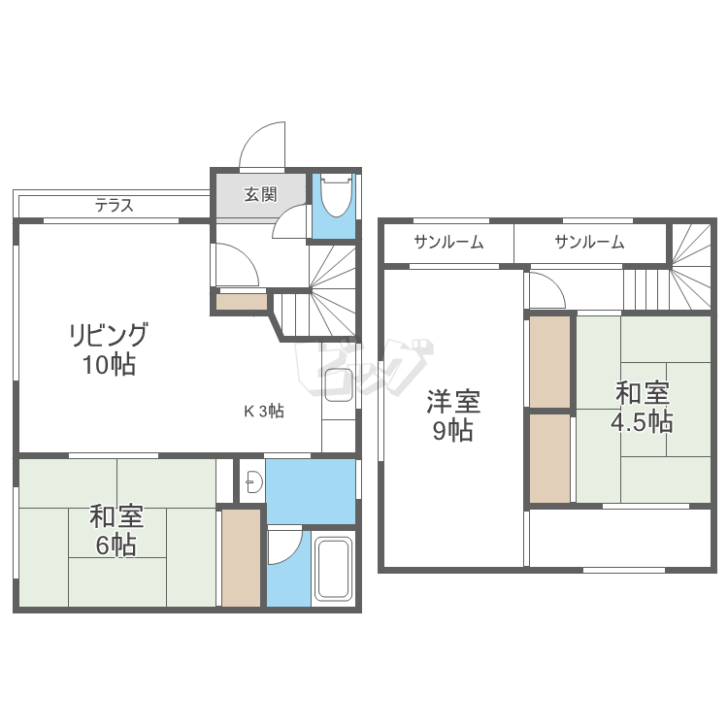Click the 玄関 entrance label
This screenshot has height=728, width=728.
click(259, 193)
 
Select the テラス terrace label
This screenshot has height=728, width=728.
click(114, 206)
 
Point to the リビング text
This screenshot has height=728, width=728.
click(109, 336)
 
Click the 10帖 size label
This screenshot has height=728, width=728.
click(109, 366)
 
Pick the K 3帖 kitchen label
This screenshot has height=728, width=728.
click(263, 411)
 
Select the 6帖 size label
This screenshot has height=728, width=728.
click(116, 545)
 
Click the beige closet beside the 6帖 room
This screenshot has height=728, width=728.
click(241, 557)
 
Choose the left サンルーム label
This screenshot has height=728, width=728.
click(448, 243)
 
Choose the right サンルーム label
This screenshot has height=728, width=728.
click(589, 243)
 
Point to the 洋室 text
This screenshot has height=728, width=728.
click(453, 400)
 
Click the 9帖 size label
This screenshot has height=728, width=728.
click(453, 430)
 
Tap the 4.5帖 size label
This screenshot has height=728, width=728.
click(642, 422)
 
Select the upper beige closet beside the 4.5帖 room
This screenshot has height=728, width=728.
click(549, 360)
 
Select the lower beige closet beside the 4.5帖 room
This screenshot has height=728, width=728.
click(549, 458)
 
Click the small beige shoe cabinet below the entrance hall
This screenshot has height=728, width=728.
click(242, 302)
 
